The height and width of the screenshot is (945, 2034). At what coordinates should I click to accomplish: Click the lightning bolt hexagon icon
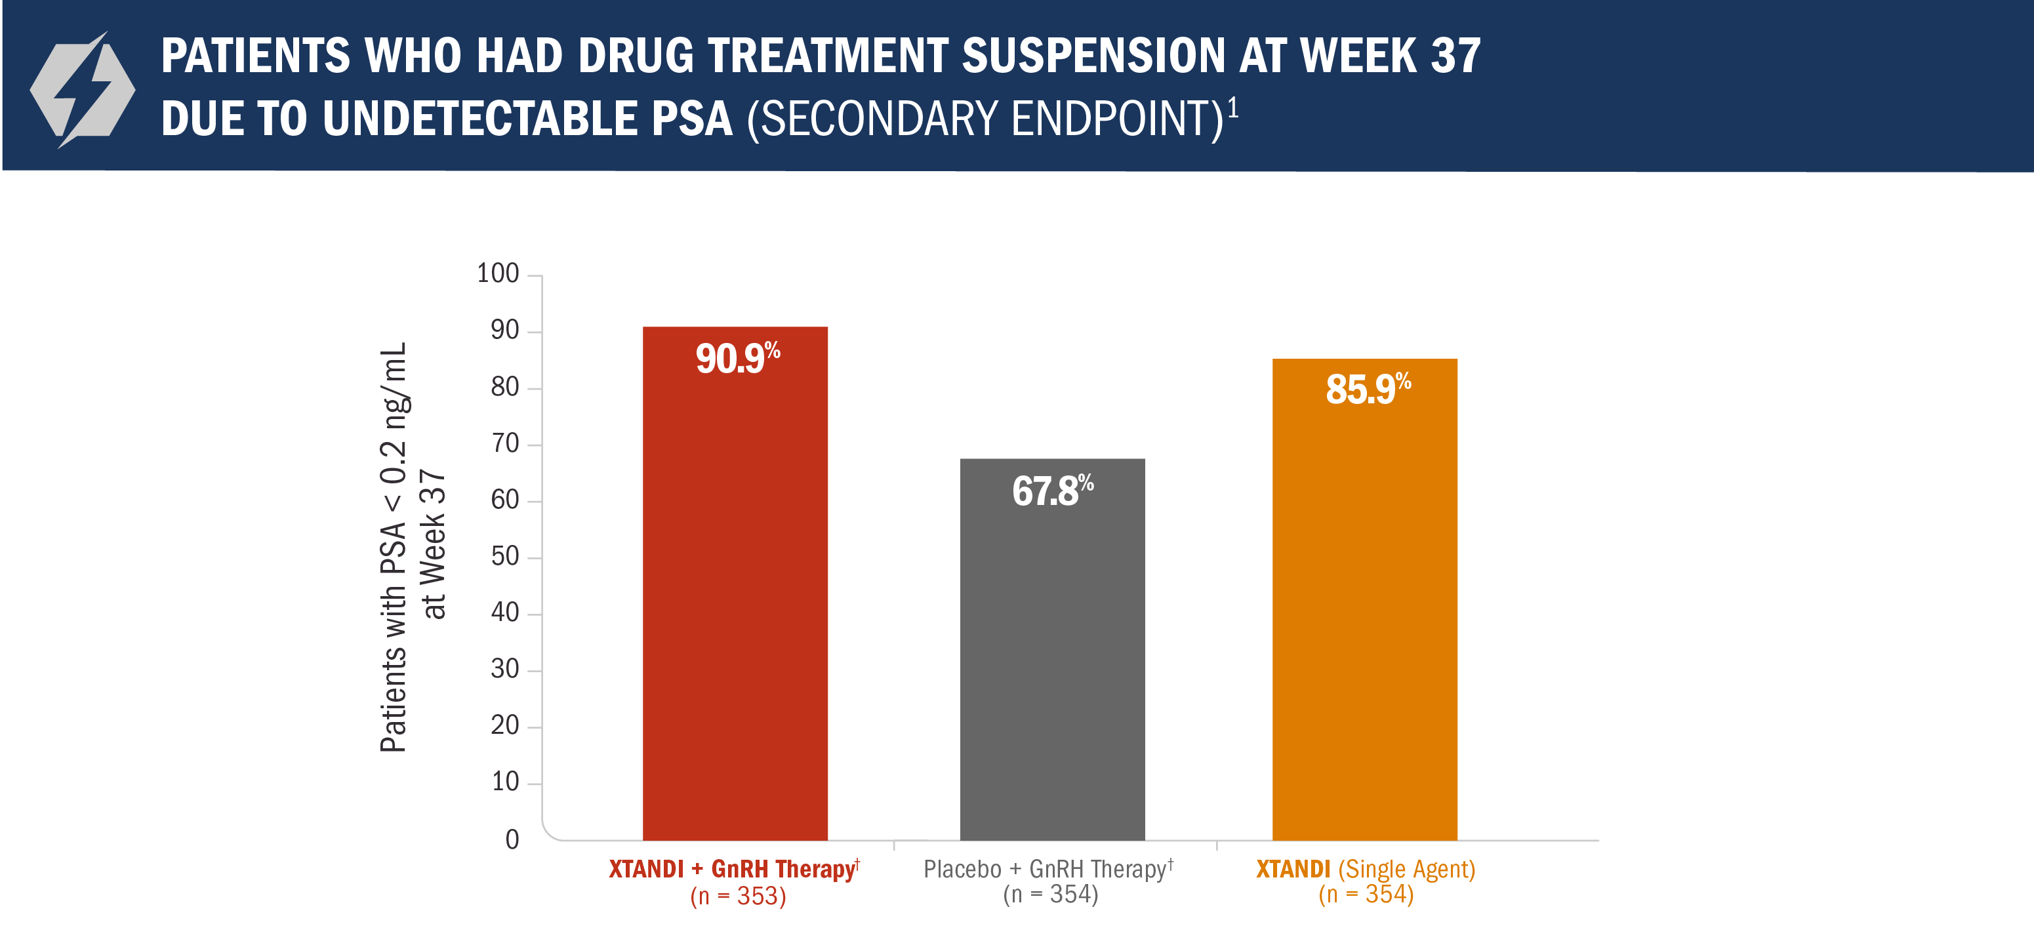pyautogui.click(x=83, y=90)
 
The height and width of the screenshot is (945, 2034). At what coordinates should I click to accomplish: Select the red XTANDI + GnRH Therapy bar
pyautogui.click(x=735, y=600)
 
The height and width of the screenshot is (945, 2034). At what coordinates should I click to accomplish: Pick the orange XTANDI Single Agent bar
pyautogui.click(x=1364, y=616)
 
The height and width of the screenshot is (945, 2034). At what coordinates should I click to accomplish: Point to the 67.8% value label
pyautogui.click(x=1051, y=491)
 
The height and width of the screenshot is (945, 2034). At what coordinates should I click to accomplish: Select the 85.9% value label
pyautogui.click(x=1367, y=388)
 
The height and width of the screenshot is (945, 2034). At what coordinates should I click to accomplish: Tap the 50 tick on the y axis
pyautogui.click(x=504, y=557)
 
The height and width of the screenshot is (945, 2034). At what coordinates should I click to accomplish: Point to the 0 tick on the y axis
pyautogui.click(x=512, y=839)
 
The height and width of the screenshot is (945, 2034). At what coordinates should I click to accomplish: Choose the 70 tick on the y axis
pyautogui.click(x=504, y=444)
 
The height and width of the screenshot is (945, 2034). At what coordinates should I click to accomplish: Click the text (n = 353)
pyautogui.click(x=737, y=896)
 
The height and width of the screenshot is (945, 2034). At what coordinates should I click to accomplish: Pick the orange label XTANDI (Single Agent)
pyautogui.click(x=1364, y=868)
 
